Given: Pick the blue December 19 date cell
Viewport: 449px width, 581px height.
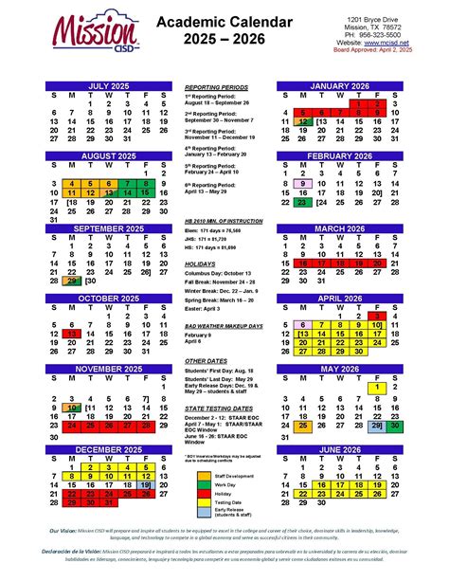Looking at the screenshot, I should pyautogui.click(x=145, y=483).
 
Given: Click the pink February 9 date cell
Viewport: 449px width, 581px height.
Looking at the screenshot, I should pyautogui.click(x=305, y=184).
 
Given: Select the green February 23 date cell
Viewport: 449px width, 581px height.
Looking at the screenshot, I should pyautogui.click(x=305, y=202).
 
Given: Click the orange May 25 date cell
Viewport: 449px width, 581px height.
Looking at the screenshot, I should pyautogui.click(x=305, y=426).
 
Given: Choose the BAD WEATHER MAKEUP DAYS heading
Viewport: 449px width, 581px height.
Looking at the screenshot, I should pyautogui.click(x=224, y=325).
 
